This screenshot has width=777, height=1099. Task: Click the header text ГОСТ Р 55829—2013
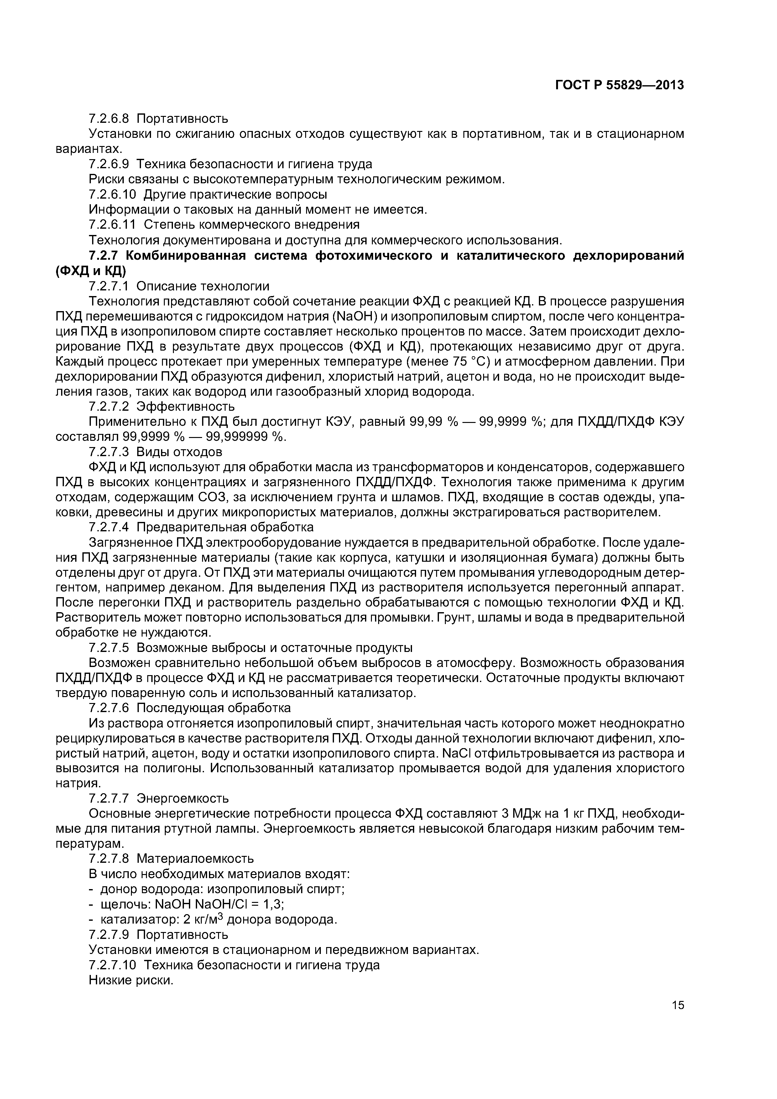(619, 85)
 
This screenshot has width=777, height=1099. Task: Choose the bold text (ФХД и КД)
(91, 271)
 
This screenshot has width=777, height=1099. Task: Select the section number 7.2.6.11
(112, 224)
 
